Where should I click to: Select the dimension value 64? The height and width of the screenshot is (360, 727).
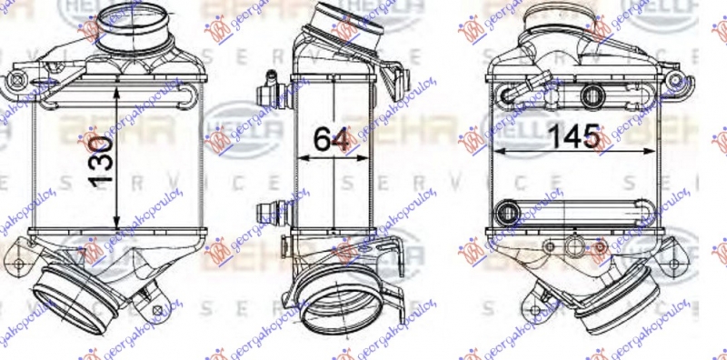click(333, 140)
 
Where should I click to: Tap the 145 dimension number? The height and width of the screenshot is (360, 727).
click(573, 138)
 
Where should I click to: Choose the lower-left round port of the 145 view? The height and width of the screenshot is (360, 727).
click(505, 214)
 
